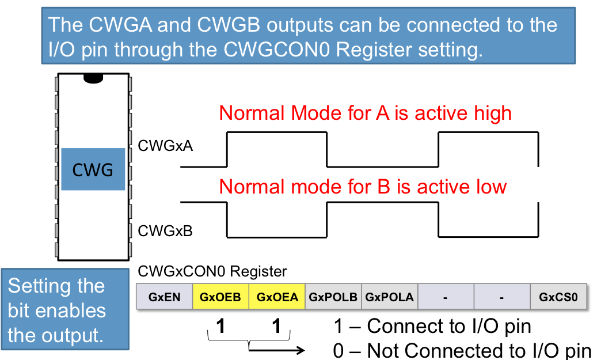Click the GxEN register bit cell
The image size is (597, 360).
pyautogui.click(x=164, y=297)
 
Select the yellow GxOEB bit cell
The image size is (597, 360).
pyautogui.click(x=220, y=297)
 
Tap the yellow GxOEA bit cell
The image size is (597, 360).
pyautogui.click(x=277, y=297)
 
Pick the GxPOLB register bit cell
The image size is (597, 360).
pyautogui.click(x=333, y=297)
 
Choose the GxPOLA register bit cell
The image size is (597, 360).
pyautogui.click(x=390, y=297)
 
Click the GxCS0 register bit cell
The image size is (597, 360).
pyautogui.click(x=558, y=297)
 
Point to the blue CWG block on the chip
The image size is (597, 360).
pyautogui.click(x=93, y=169)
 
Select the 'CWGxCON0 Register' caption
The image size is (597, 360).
pyautogui.click(x=212, y=271)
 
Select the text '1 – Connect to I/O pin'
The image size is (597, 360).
pyautogui.click(x=432, y=326)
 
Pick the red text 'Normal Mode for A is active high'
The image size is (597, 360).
pyautogui.click(x=366, y=113)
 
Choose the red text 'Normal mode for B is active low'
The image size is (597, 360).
pyautogui.click(x=363, y=187)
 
